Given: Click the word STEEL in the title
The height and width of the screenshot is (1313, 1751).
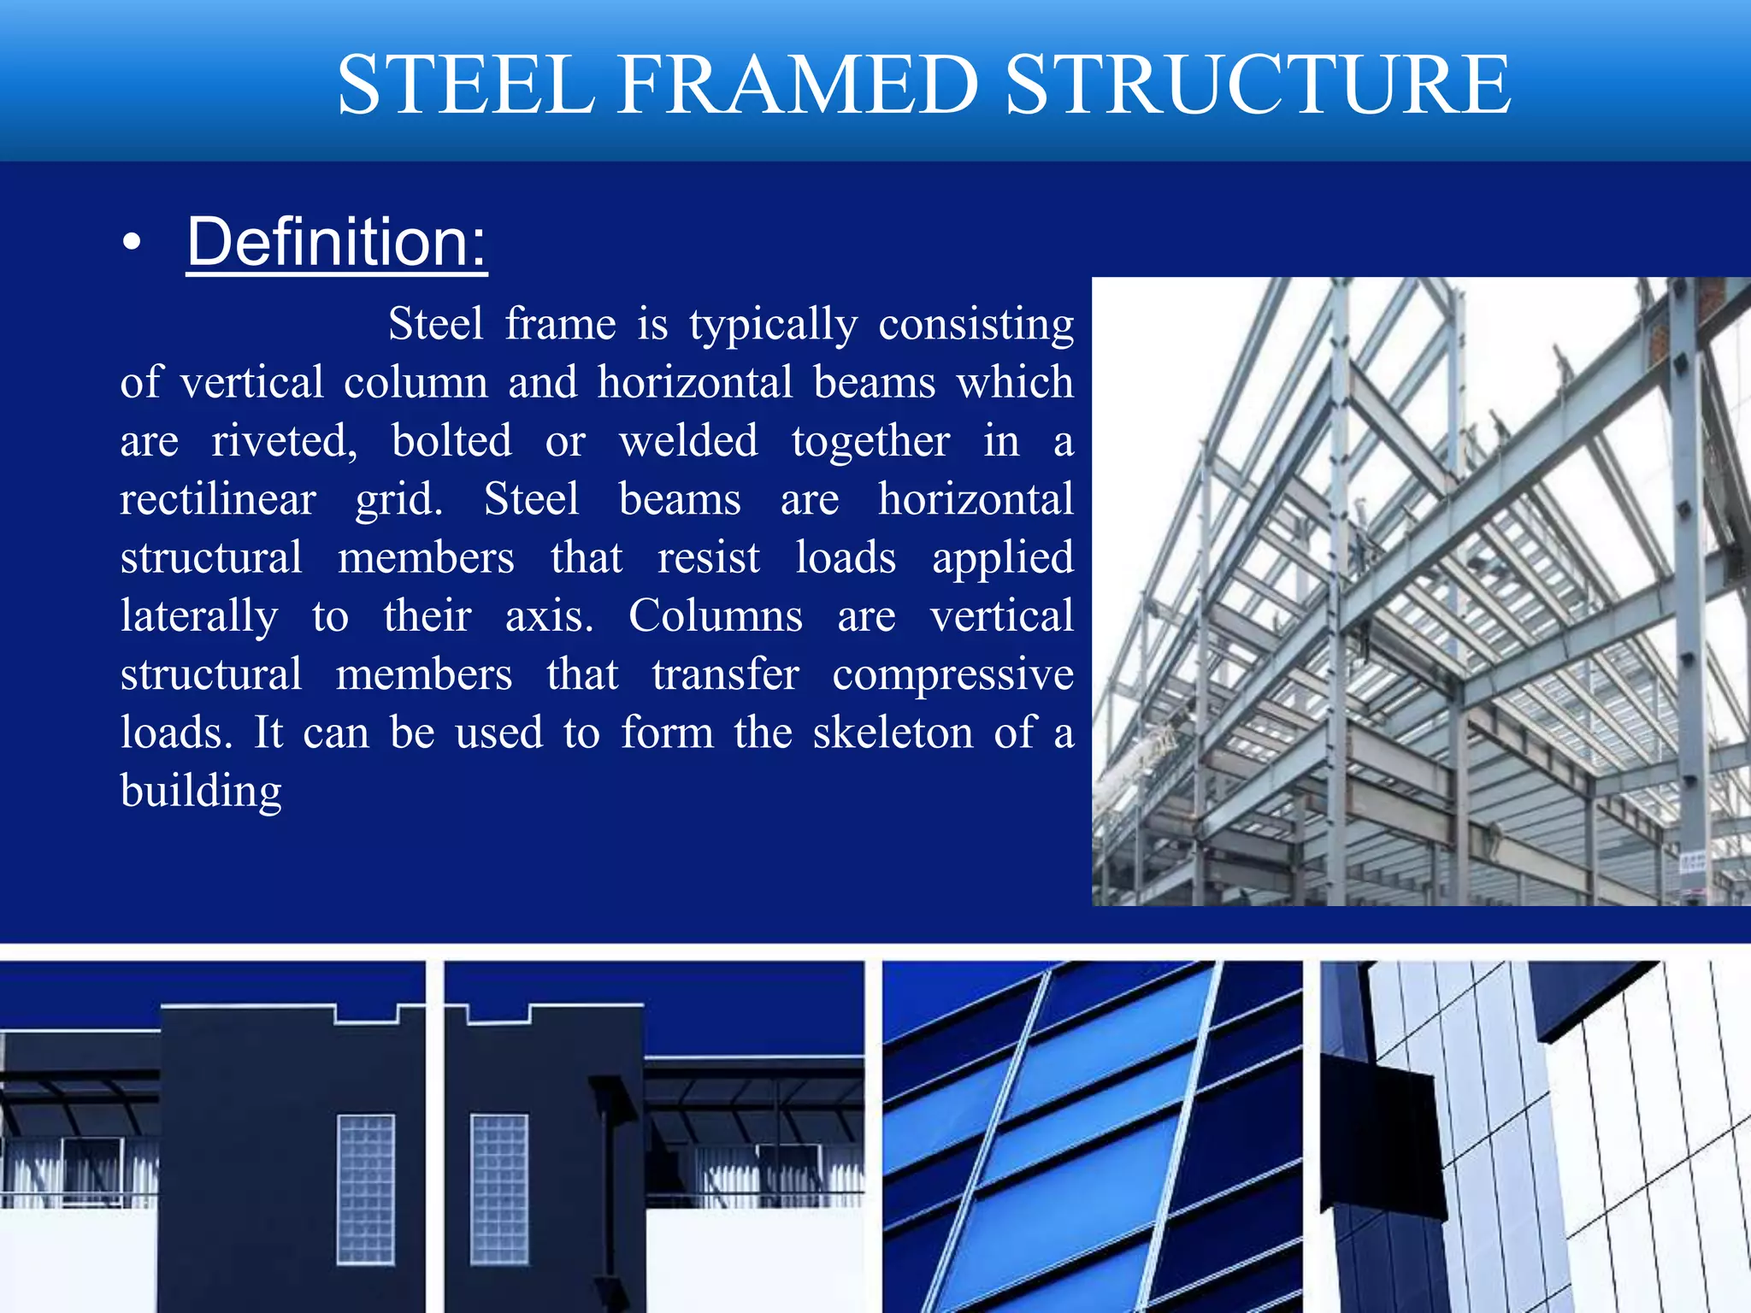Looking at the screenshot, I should tap(466, 85).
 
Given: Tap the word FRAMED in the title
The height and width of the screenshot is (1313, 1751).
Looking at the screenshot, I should tap(798, 85).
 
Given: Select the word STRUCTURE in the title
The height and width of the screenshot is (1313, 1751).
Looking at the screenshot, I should tap(1258, 85).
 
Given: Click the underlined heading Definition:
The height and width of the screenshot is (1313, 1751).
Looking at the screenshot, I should tap(337, 242).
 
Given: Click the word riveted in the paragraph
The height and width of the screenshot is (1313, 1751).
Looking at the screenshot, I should tap(285, 441).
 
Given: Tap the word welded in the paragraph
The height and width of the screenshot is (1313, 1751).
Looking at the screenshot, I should tap(688, 441).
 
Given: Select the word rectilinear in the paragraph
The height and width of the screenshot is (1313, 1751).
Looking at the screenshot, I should tap(218, 499).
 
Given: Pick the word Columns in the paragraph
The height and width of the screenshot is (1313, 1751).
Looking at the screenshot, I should tap(716, 615).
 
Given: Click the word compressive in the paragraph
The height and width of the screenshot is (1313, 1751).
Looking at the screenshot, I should tap(952, 675).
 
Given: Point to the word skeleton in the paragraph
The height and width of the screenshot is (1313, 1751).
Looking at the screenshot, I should tap(893, 733).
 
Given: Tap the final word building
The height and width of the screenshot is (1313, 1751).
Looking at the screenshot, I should tap(201, 792).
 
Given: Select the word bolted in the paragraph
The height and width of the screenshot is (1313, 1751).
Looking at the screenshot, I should tap(451, 441).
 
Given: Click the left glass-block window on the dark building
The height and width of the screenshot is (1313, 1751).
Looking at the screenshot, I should tap(366, 1188).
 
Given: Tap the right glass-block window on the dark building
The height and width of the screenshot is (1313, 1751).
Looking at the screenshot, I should tap(498, 1188).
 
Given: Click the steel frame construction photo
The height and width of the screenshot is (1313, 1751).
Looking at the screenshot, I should tap(1421, 592).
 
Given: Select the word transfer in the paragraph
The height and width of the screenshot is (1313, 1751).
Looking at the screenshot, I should tap(725, 674).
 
